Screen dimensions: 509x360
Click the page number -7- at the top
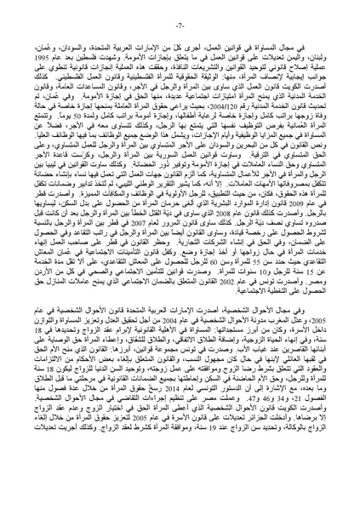pyautogui.click(x=180, y=12)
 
